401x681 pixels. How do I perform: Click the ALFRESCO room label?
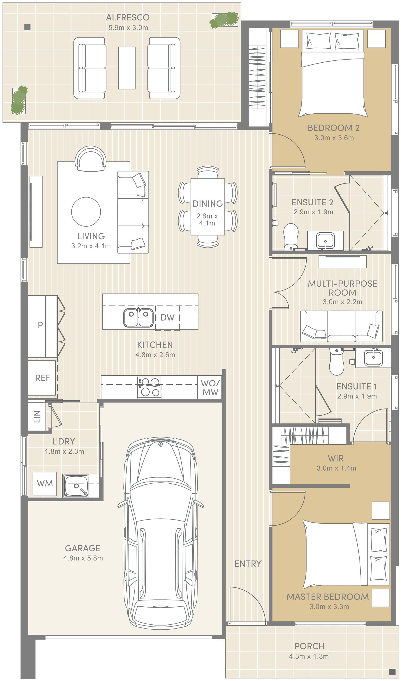click(x=128, y=18)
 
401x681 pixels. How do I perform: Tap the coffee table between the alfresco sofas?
click(x=127, y=68)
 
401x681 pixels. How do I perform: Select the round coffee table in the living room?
click(x=86, y=212)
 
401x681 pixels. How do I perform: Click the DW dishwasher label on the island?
click(x=167, y=317)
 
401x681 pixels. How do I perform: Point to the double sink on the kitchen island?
click(x=138, y=317)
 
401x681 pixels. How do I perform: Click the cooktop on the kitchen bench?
click(x=149, y=387)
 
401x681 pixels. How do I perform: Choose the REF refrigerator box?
click(x=42, y=378)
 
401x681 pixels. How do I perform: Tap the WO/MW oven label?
click(x=210, y=388)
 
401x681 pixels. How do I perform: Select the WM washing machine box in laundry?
click(x=45, y=484)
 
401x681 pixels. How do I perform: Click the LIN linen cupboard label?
click(x=37, y=416)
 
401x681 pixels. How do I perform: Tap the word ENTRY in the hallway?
click(x=248, y=564)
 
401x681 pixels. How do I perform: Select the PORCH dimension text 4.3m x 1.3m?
click(x=309, y=656)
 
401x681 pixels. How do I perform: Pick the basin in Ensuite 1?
click(x=373, y=358)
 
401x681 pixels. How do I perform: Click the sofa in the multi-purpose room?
click(x=341, y=326)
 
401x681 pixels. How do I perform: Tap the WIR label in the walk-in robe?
click(x=336, y=458)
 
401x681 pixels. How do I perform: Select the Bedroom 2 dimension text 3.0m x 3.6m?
click(x=334, y=138)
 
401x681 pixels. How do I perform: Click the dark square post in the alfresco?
click(x=28, y=27)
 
